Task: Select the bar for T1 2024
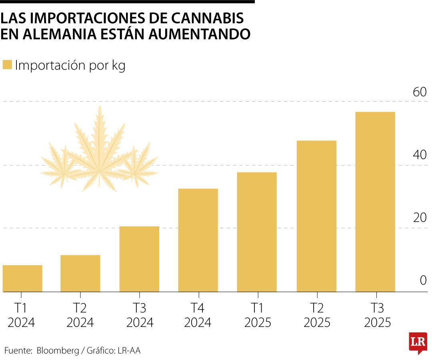coord(22,278)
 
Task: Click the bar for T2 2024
coord(80,274)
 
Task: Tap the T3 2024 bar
coord(139,259)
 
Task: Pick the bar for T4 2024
coord(198,240)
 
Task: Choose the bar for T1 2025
coord(257,232)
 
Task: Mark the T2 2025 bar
coord(316,216)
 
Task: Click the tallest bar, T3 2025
coord(375,202)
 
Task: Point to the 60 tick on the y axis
coord(420,92)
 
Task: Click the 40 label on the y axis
coord(420,155)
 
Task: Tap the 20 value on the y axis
coord(420,218)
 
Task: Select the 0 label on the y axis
coord(423,281)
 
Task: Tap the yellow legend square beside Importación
coord(7,65)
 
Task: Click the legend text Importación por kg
coord(70,66)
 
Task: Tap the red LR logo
coord(418,342)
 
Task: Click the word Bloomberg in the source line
coord(58,351)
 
